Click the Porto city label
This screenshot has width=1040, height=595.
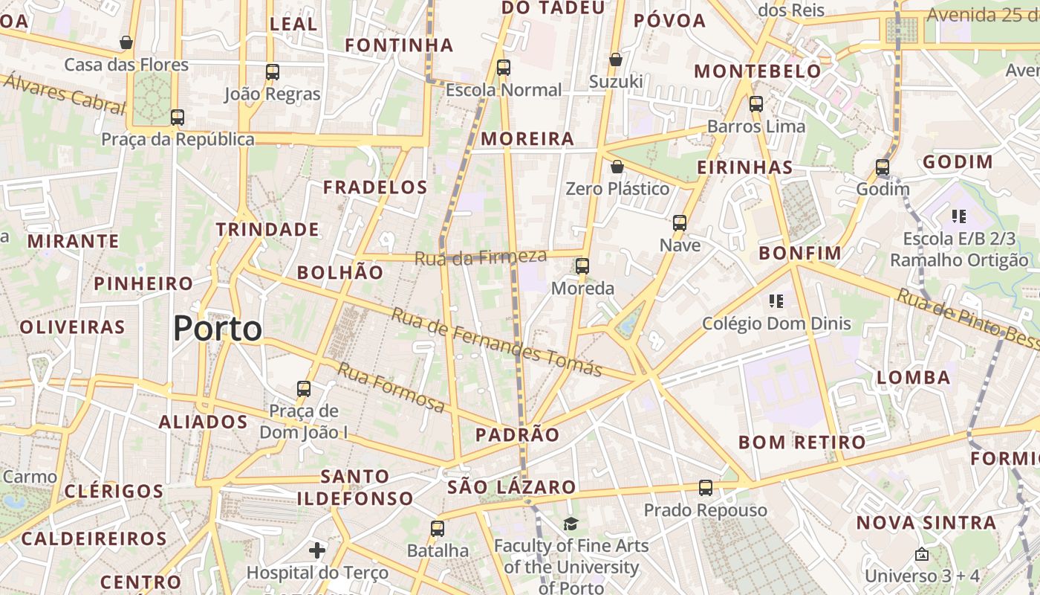pyautogui.click(x=218, y=329)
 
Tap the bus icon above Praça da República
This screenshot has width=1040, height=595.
pyautogui.click(x=177, y=118)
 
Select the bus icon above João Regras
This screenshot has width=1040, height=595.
pyautogui.click(x=273, y=72)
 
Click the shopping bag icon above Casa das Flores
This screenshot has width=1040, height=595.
pyautogui.click(x=126, y=42)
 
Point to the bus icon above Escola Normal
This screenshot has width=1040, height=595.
pyautogui.click(x=504, y=68)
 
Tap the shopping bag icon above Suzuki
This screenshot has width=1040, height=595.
pyautogui.click(x=615, y=59)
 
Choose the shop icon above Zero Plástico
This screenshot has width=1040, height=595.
pyautogui.click(x=617, y=167)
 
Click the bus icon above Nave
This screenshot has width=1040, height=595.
pyautogui.click(x=679, y=222)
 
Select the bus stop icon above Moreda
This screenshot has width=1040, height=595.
pyautogui.click(x=582, y=266)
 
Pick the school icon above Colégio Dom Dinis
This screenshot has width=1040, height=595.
pyautogui.click(x=776, y=301)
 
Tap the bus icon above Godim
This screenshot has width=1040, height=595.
pyautogui.click(x=883, y=167)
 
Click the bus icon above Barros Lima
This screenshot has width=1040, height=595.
pyautogui.click(x=756, y=104)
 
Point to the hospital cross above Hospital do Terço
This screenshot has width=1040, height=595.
pyautogui.click(x=317, y=550)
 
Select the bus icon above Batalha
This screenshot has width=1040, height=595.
pyautogui.click(x=438, y=529)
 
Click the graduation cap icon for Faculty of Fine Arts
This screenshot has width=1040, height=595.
pyautogui.click(x=571, y=524)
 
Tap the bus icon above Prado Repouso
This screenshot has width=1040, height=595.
pyautogui.click(x=706, y=488)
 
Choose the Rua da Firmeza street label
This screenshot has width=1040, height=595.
pyautogui.click(x=481, y=257)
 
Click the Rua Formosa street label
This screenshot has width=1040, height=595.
pyautogui.click(x=391, y=387)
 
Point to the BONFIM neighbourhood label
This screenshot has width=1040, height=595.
pyautogui.click(x=800, y=253)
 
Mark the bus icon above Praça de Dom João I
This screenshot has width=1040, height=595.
pyautogui.click(x=303, y=389)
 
